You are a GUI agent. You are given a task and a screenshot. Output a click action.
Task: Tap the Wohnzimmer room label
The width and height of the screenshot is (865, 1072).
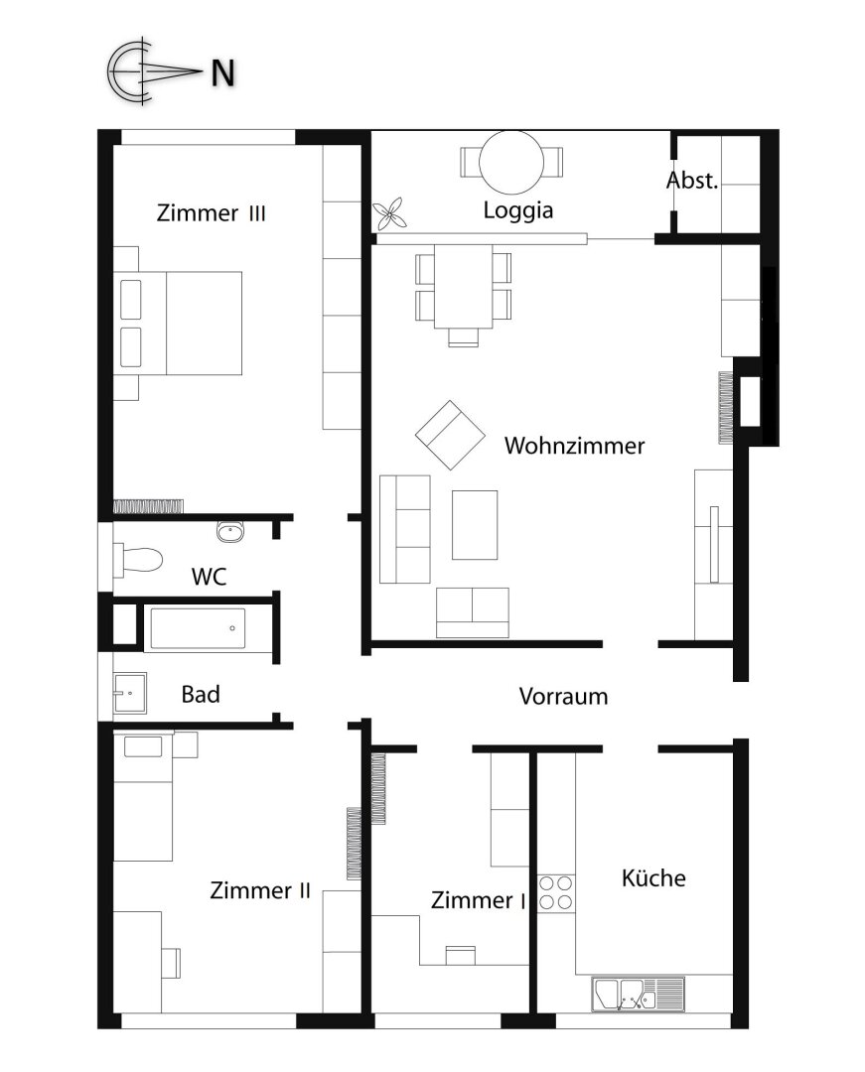(574, 446)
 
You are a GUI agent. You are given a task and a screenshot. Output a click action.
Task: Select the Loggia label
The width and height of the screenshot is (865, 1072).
(517, 210)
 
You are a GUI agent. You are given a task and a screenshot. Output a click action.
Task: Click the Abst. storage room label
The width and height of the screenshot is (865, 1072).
(692, 181)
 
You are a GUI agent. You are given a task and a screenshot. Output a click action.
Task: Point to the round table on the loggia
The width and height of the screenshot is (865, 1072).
(511, 161)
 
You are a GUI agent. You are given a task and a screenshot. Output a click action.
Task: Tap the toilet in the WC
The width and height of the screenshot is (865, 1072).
(138, 559)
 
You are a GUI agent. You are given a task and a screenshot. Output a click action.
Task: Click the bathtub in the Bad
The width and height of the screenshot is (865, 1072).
(197, 628)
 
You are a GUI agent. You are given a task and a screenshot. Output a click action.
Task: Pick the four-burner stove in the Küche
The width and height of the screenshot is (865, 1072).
(556, 891)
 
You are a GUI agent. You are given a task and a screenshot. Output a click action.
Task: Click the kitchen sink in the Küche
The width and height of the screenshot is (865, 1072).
(638, 992)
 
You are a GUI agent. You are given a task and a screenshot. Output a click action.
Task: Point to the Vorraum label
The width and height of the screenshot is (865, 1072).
(563, 697)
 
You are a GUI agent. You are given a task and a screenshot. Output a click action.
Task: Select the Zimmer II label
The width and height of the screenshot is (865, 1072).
(260, 890)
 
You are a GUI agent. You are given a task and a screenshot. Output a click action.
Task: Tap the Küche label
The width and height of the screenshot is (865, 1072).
(653, 878)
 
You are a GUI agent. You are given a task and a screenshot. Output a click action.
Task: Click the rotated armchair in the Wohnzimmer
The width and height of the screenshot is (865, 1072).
(450, 436)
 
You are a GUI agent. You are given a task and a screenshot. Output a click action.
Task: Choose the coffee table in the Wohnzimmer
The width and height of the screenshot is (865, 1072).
(475, 524)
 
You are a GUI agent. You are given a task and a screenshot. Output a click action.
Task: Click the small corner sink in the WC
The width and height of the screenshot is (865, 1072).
(230, 531)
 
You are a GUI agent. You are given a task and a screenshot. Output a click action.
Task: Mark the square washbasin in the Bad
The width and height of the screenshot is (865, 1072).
(129, 693)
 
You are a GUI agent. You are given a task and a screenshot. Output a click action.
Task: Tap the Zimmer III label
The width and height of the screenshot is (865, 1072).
(211, 213)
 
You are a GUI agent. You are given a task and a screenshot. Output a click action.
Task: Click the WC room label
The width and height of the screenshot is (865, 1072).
(209, 576)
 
